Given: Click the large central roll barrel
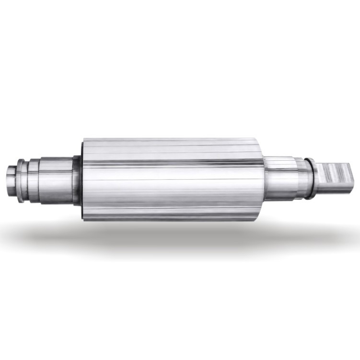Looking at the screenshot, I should coord(173,180).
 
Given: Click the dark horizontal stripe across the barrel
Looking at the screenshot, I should coord(173,161).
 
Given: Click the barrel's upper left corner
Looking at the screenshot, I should coord(84,140).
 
